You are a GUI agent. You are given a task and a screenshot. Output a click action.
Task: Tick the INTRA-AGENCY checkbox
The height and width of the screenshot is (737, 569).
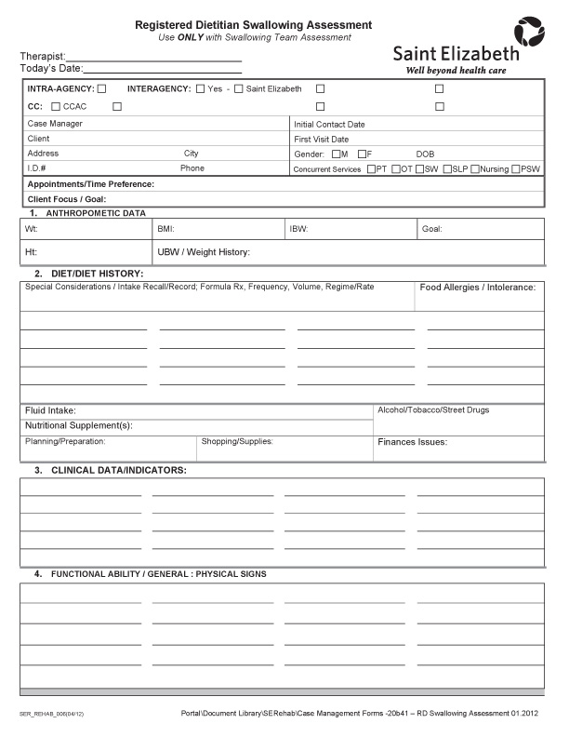click(102, 88)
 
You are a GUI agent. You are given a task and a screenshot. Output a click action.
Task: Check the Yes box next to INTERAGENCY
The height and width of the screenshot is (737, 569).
click(201, 88)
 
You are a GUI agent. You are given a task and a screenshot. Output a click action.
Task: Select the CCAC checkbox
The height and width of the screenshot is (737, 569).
click(57, 106)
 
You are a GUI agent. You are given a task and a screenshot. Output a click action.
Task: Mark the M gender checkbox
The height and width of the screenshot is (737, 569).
click(336, 154)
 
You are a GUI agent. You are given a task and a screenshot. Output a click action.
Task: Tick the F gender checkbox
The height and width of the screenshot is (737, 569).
click(362, 154)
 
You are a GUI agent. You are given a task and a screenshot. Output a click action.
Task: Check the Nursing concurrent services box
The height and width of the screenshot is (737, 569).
click(475, 168)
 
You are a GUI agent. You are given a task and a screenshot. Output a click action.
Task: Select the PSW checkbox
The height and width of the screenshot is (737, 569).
click(516, 168)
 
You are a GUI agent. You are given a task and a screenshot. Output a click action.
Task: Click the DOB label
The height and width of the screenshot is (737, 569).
click(425, 154)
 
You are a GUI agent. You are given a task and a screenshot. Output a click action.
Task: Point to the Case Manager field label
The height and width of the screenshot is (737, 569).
click(55, 124)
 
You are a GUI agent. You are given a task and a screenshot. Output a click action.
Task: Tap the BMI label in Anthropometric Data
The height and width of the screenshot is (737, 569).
click(165, 228)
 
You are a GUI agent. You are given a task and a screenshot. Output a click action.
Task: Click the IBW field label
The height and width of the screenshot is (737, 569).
click(298, 228)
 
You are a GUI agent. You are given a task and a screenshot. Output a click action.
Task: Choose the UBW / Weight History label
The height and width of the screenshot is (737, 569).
click(204, 252)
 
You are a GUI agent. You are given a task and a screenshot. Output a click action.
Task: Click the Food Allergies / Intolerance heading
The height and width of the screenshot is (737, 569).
click(478, 288)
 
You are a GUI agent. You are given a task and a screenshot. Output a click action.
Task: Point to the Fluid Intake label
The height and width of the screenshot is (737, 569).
click(50, 410)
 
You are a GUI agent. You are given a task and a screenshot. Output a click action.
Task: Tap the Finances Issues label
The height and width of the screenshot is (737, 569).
click(412, 442)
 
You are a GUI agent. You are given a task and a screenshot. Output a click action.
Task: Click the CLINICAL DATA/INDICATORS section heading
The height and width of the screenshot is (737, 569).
click(118, 470)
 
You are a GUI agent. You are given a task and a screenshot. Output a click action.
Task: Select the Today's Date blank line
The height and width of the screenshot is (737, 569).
click(163, 69)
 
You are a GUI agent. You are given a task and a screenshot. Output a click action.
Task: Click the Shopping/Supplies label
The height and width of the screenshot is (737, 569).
click(237, 441)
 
